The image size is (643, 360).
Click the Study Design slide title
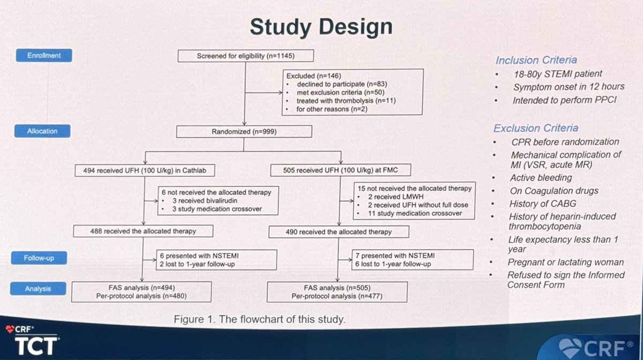(x=320, y=26)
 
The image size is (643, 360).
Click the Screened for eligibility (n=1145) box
(x=245, y=56)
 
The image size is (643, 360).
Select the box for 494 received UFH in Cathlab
(x=143, y=171)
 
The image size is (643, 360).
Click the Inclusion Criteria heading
(x=536, y=60)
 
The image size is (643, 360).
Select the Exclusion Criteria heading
(x=535, y=128)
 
